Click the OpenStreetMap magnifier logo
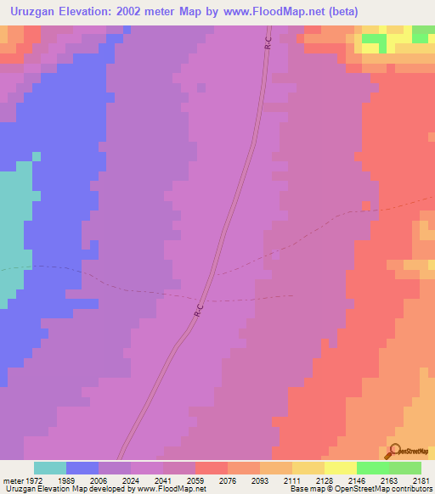click(x=393, y=450)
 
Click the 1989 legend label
click(x=67, y=480)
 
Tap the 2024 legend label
click(x=131, y=480)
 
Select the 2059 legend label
click(x=195, y=480)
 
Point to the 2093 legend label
click(x=260, y=480)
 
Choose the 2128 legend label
click(x=325, y=480)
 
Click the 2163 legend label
click(x=389, y=480)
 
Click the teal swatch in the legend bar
click(x=50, y=468)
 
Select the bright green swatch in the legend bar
click(x=373, y=468)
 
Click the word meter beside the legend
click(x=11, y=480)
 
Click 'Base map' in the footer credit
click(x=304, y=489)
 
